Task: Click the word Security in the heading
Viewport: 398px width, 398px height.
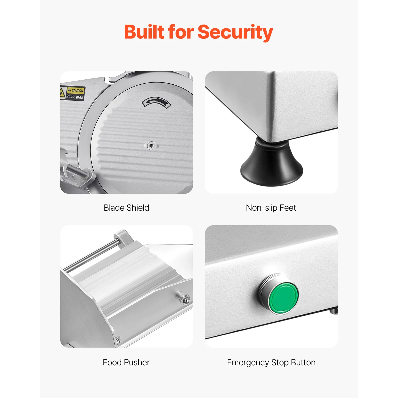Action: [235, 32]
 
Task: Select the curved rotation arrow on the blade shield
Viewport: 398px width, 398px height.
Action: [156, 102]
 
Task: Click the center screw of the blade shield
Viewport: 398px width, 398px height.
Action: [151, 145]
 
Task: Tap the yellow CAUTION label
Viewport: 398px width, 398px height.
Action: [76, 90]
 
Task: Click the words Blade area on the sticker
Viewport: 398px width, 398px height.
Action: [75, 97]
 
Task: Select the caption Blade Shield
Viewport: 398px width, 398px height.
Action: [126, 208]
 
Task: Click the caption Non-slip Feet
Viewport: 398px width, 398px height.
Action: [271, 208]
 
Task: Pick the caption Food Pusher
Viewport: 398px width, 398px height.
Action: [126, 362]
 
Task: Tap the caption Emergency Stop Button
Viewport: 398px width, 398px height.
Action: [271, 362]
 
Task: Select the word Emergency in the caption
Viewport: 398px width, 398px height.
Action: [248, 362]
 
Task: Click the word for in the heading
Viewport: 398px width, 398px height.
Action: [181, 32]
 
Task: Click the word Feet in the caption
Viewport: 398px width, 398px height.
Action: [288, 208]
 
